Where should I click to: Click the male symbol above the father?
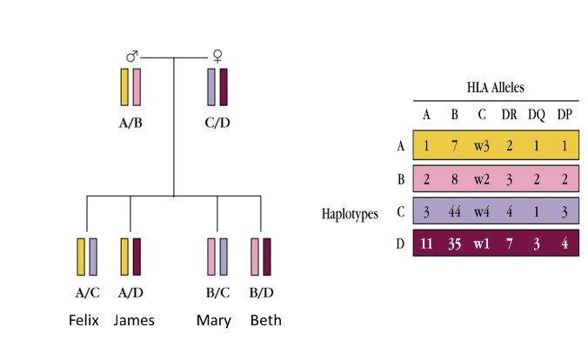pyautogui.click(x=131, y=57)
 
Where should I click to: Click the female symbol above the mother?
pyautogui.click(x=217, y=56)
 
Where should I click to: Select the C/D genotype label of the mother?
pyautogui.click(x=217, y=123)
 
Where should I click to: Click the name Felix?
pyautogui.click(x=86, y=321)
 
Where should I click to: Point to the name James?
pyautogui.click(x=134, y=321)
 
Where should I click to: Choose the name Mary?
pyautogui.click(x=214, y=321)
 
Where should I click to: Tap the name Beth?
pyautogui.click(x=265, y=321)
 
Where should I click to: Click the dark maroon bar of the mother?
pyautogui.click(x=224, y=87)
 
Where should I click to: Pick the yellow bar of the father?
pyautogui.click(x=124, y=87)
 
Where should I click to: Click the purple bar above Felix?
pyautogui.click(x=93, y=257)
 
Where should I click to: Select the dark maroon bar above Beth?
pyautogui.click(x=267, y=257)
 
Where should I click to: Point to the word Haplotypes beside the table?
pyautogui.click(x=347, y=212)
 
